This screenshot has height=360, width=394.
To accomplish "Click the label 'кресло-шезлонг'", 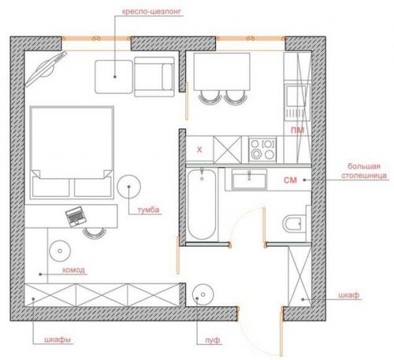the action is click(x=151, y=12).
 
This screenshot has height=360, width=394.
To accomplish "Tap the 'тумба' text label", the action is click(x=148, y=210).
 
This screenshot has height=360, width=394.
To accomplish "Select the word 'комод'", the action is click(x=73, y=270).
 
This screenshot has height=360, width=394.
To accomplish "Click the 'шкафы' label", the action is click(x=58, y=340).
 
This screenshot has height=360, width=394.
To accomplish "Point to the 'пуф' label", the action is click(x=213, y=340).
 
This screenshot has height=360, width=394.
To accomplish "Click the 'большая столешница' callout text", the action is click(x=364, y=171).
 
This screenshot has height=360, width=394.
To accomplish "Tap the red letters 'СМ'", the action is click(x=290, y=180).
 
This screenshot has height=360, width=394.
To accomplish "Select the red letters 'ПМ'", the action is click(x=297, y=130).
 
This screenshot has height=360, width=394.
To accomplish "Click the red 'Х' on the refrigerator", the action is click(x=199, y=150).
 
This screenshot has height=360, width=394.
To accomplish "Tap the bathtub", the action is click(x=202, y=204).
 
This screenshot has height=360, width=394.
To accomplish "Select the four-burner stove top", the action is click(x=262, y=150).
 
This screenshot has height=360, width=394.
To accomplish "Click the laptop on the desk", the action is click(x=76, y=217).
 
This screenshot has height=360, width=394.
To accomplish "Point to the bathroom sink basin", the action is click(x=249, y=179).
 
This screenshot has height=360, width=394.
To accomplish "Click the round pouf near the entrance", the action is click(x=203, y=295).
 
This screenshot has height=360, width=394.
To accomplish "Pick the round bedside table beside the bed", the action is click(x=128, y=187).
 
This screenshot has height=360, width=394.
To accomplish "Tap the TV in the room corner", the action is click(x=46, y=69).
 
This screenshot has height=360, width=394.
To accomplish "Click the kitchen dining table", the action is click(x=221, y=72).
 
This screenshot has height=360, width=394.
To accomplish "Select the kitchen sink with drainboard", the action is click(x=297, y=102).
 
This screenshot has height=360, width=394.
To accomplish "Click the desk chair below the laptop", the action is click(x=95, y=233).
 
